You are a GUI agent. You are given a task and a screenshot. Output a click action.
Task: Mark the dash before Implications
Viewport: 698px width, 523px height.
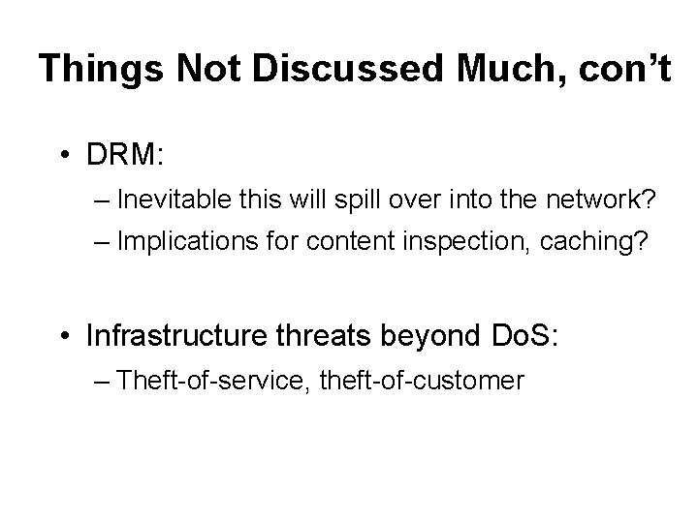[104, 242]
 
